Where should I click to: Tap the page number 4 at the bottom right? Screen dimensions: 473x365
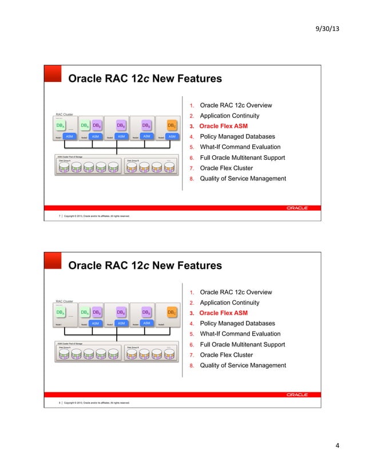pyautogui.click(x=337, y=446)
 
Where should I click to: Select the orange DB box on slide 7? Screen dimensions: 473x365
pyautogui.click(x=171, y=125)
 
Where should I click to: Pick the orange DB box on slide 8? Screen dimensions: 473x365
pyautogui.click(x=171, y=312)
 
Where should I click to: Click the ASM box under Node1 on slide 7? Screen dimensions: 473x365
pyautogui.click(x=69, y=136)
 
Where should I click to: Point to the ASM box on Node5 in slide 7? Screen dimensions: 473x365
pyautogui.click(x=172, y=136)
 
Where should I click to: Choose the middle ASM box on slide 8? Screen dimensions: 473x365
pyautogui.click(x=121, y=323)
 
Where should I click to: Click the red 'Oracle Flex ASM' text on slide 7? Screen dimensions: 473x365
pyautogui.click(x=223, y=127)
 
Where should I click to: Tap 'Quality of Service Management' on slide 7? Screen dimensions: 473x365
pyautogui.click(x=243, y=179)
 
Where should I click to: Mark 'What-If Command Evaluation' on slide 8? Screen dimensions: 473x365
pyautogui.click(x=236, y=334)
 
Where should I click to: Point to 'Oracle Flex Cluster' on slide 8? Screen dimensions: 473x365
pyautogui.click(x=226, y=355)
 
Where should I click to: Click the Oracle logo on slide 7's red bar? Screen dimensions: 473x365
pyautogui.click(x=297, y=207)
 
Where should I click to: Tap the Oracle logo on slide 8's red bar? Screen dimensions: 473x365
pyautogui.click(x=297, y=394)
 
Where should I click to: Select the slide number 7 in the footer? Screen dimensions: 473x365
pyautogui.click(x=59, y=216)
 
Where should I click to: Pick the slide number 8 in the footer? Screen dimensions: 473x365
pyautogui.click(x=59, y=403)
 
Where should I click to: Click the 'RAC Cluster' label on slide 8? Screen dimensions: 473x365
pyautogui.click(x=64, y=301)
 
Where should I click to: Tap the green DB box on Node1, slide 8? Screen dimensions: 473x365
pyautogui.click(x=60, y=312)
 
